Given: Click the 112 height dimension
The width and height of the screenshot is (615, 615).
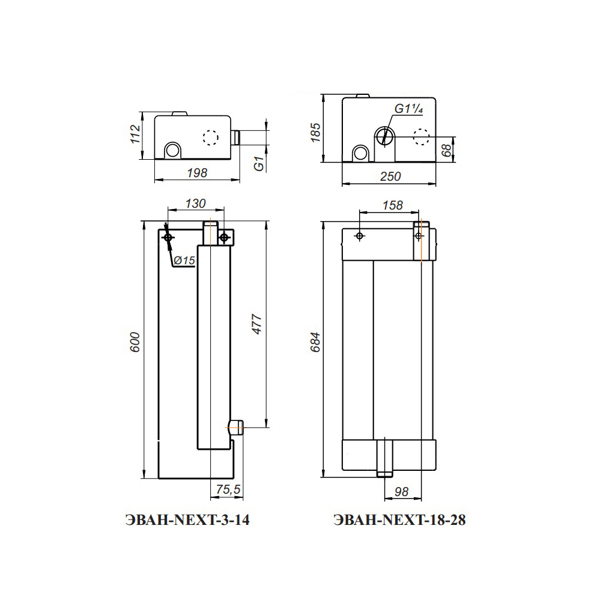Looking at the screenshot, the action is (x=135, y=134).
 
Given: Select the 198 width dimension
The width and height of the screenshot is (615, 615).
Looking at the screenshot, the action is (x=197, y=172).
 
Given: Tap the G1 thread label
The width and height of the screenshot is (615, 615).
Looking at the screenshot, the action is (x=259, y=163).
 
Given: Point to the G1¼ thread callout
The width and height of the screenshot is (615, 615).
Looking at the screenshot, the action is (x=408, y=109).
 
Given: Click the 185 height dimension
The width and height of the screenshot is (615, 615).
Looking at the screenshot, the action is (x=315, y=133).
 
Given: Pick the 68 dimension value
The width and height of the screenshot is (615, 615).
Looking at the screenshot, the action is (x=446, y=150).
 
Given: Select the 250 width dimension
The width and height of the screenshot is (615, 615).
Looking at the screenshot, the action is (x=390, y=177).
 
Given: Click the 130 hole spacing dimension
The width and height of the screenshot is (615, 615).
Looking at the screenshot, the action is (x=195, y=204).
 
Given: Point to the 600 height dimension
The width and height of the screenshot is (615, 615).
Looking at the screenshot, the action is (x=135, y=342).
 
